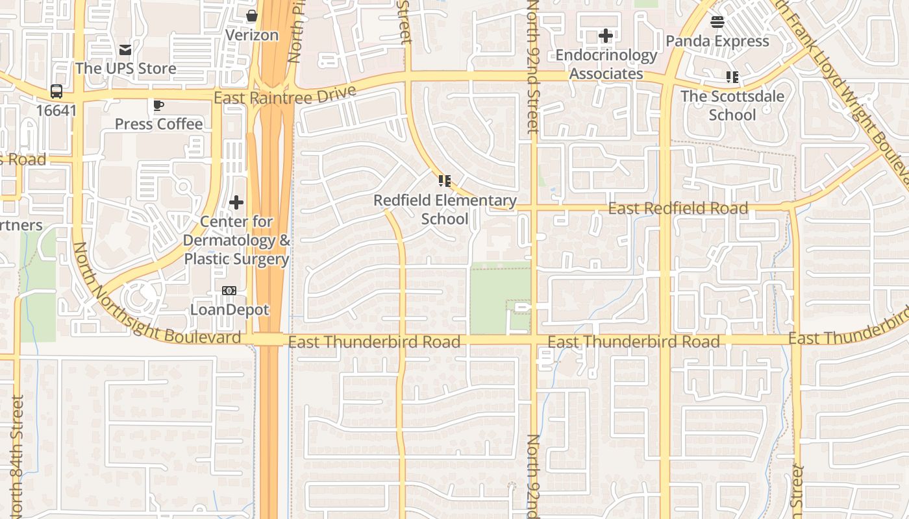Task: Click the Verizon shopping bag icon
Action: coord(252,16)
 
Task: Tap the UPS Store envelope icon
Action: coord(125,49)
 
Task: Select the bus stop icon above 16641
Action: coord(56,91)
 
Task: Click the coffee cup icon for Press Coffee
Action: coord(158,105)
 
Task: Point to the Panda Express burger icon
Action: coord(717,22)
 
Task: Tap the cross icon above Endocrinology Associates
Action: coord(606,36)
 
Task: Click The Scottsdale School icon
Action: coord(732,77)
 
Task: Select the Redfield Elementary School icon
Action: coord(444,181)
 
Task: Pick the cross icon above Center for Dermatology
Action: coord(236,203)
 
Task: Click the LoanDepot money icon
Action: coord(229,291)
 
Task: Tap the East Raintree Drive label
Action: coord(285,95)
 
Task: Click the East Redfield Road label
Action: coord(678,208)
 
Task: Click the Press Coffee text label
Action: coord(158,124)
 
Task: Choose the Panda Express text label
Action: coord(717,41)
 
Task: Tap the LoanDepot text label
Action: coord(229,309)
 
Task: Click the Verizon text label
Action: coord(252,35)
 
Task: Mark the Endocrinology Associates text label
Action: coord(606,64)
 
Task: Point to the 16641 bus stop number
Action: coord(56,110)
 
